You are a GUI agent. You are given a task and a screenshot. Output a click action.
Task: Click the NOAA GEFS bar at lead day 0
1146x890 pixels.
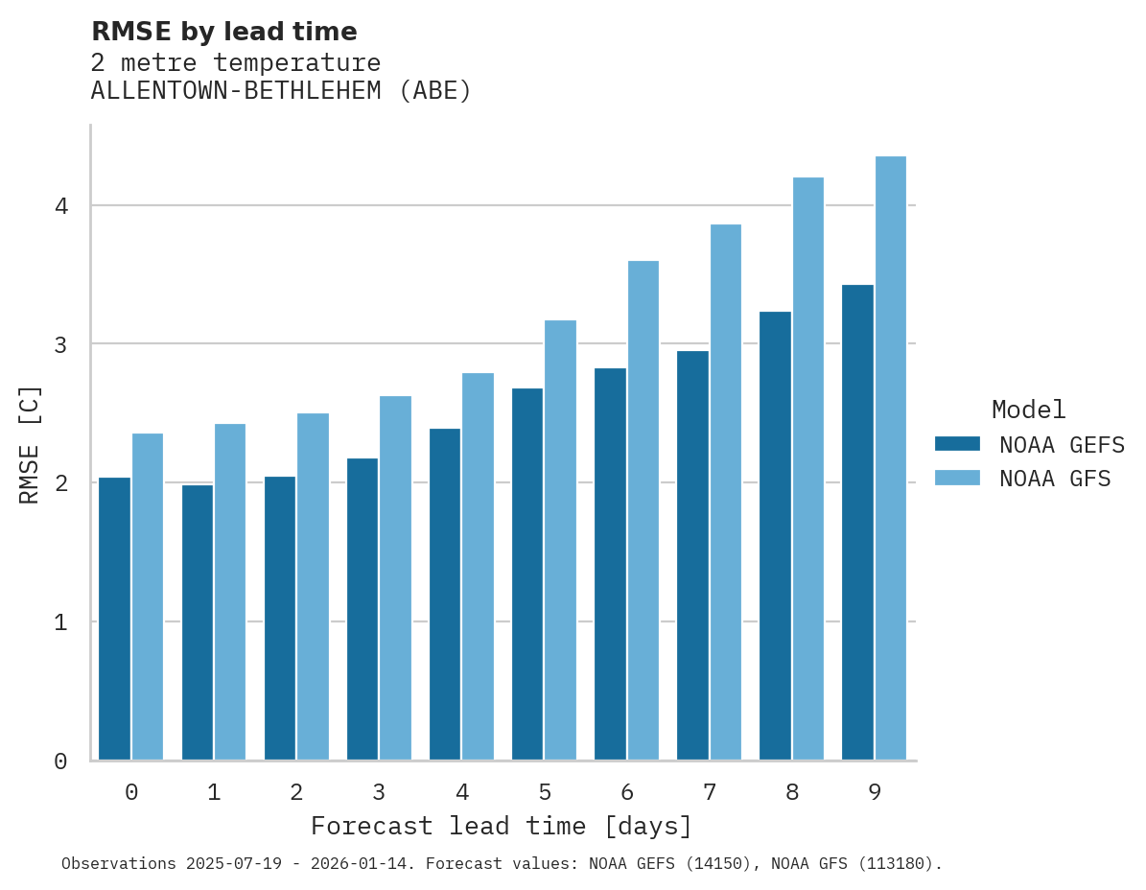(114, 619)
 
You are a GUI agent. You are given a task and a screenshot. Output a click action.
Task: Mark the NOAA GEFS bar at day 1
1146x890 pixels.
(197, 622)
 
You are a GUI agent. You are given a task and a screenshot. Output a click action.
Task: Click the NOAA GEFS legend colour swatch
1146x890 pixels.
(957, 444)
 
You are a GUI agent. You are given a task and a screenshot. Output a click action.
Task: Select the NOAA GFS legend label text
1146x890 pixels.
(1055, 479)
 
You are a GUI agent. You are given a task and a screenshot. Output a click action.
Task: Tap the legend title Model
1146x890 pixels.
(1028, 410)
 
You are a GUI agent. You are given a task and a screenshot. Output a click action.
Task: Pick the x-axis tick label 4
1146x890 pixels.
(462, 793)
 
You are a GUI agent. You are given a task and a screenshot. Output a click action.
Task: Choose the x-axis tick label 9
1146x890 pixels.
(875, 793)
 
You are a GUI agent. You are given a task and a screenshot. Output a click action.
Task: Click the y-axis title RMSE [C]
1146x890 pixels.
(30, 444)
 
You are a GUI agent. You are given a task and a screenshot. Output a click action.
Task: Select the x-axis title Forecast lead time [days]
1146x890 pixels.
(501, 827)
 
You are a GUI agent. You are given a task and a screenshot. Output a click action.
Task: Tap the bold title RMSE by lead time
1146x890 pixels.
(223, 32)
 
